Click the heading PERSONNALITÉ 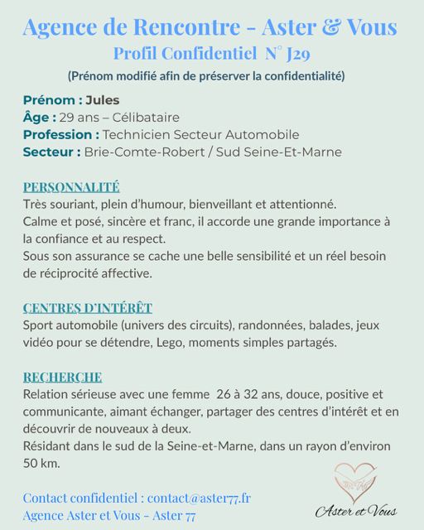pos(71,187)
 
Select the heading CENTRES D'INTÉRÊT pos(87,308)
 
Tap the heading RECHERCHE pos(62,378)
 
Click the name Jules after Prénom pos(103,100)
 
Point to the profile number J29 pos(301,55)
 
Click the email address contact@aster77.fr pos(200,498)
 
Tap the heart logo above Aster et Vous pos(355,480)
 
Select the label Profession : pos(61,135)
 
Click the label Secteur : pos(51,152)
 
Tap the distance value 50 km pos(41,463)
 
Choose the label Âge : pos(40,118)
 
